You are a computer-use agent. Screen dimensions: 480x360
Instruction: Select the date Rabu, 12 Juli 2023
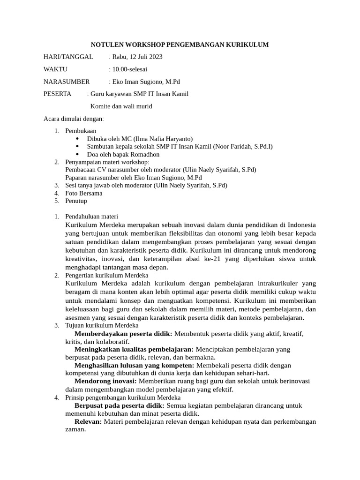click(137, 57)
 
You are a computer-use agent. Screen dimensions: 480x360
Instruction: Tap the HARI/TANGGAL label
click(68, 57)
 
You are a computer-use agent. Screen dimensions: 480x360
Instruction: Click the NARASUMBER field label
click(66, 82)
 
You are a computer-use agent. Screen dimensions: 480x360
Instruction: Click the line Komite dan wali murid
click(121, 106)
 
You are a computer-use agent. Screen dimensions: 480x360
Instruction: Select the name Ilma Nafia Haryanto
click(163, 139)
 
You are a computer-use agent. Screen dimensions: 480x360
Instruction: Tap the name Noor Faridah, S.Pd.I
click(242, 146)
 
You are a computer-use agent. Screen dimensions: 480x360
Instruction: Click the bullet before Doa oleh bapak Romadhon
click(77, 154)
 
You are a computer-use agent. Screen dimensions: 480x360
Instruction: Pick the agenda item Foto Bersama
click(82, 193)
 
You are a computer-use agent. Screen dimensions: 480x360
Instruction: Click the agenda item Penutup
click(76, 201)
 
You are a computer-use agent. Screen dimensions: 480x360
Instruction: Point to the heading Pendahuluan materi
click(92, 217)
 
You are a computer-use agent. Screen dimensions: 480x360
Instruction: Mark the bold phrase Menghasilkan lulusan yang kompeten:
click(135, 365)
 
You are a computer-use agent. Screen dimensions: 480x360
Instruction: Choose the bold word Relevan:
click(88, 421)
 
